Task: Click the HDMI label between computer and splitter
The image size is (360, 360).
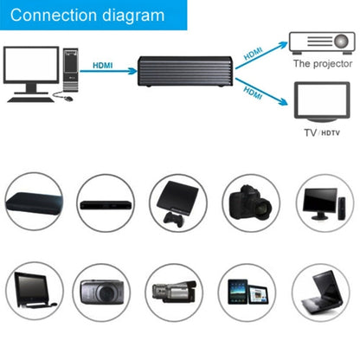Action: coord(102,64)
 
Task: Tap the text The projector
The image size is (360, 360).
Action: coord(322,64)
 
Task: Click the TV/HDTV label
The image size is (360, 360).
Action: coord(321,133)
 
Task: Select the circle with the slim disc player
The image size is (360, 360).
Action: coord(106,206)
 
